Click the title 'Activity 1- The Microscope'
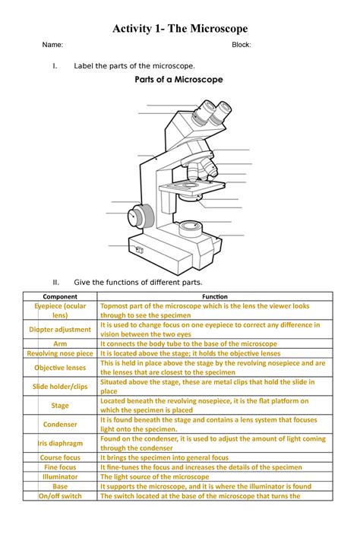pyautogui.click(x=180, y=29)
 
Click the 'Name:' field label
pyautogui.click(x=52, y=46)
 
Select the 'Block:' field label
pyautogui.click(x=241, y=46)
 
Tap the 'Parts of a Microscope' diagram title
pyautogui.click(x=178, y=80)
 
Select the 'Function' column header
pyautogui.click(x=215, y=296)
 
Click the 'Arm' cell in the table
pyautogui.click(x=60, y=344)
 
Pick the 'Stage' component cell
pyautogui.click(x=60, y=406)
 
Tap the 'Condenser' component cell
pyautogui.click(x=60, y=425)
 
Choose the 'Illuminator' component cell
pyautogui.click(x=60, y=477)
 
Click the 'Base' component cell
pyautogui.click(x=60, y=487)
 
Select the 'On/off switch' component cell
pyautogui.click(x=60, y=497)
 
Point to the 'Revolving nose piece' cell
pyautogui.click(x=60, y=354)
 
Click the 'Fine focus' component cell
pyautogui.click(x=60, y=467)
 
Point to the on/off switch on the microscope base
pyautogui.click(x=138, y=248)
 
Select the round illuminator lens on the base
pyautogui.click(x=190, y=226)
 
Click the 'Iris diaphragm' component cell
pyautogui.click(x=60, y=444)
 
